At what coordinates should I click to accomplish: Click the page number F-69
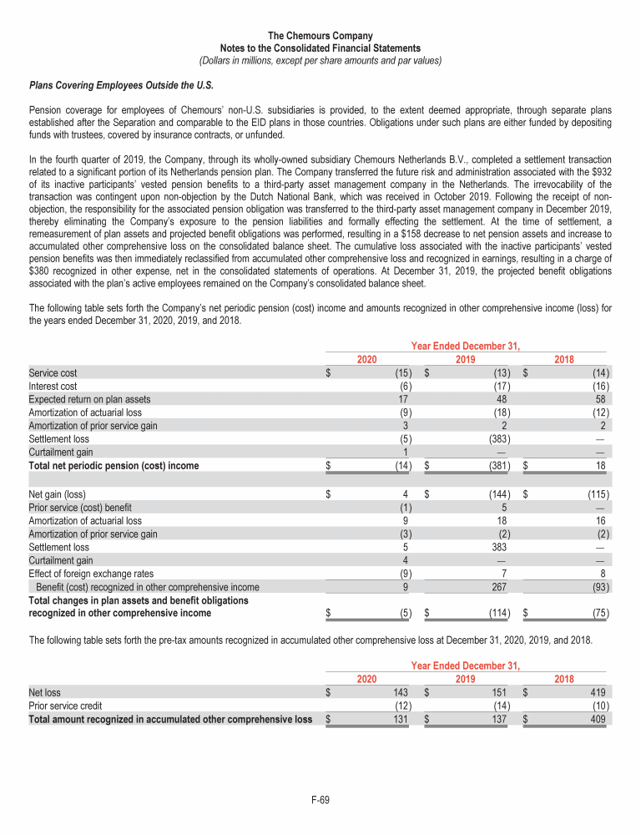click(x=320, y=800)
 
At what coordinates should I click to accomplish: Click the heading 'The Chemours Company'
click(x=320, y=36)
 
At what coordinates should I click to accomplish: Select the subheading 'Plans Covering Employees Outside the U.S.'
click(x=121, y=85)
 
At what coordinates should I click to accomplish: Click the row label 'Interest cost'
click(x=53, y=387)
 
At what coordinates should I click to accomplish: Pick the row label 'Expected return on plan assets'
click(x=89, y=399)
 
